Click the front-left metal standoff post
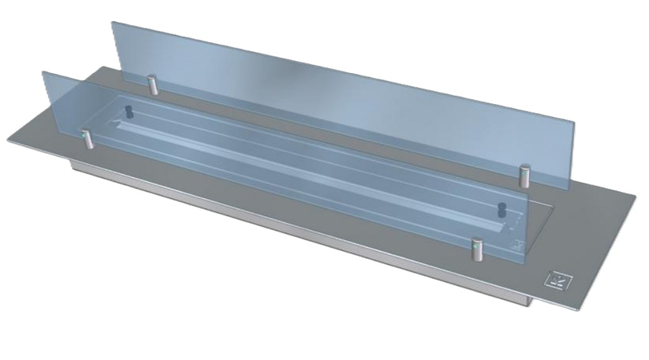87,140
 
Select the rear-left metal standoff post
151,85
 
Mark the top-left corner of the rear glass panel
112,22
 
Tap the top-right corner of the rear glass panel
574,123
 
